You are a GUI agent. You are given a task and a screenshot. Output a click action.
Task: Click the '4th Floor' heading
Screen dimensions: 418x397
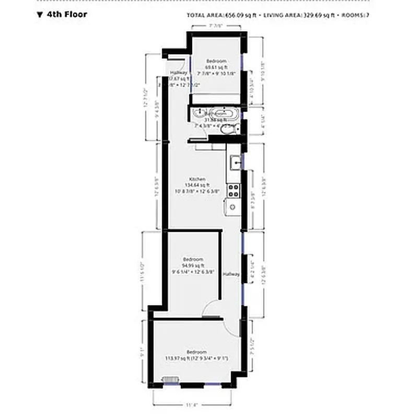click(x=67, y=14)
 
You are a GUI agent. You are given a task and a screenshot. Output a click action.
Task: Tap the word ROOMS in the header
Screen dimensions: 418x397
click(x=353, y=15)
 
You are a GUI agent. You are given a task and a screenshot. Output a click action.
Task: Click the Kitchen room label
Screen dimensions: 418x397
click(x=197, y=179)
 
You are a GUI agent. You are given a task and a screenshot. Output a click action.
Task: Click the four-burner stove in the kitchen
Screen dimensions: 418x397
click(x=233, y=191)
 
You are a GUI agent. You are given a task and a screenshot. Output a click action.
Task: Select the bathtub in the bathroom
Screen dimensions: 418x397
click(x=221, y=113)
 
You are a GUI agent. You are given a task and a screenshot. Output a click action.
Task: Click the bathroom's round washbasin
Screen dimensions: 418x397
click(x=199, y=112)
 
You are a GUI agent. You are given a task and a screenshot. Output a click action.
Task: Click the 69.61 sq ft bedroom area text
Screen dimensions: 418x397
click(x=216, y=67)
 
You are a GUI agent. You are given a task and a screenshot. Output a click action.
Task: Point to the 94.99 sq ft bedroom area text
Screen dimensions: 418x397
click(x=193, y=265)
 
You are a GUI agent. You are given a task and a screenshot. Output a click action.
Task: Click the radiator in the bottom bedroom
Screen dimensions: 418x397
click(x=170, y=380)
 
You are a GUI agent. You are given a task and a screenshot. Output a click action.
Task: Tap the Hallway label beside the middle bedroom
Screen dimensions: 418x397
click(x=231, y=274)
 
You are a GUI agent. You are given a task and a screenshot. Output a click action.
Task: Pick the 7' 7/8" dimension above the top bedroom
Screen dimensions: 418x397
click(x=216, y=25)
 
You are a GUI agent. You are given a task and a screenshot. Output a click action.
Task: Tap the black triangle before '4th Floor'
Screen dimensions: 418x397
click(x=39, y=15)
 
